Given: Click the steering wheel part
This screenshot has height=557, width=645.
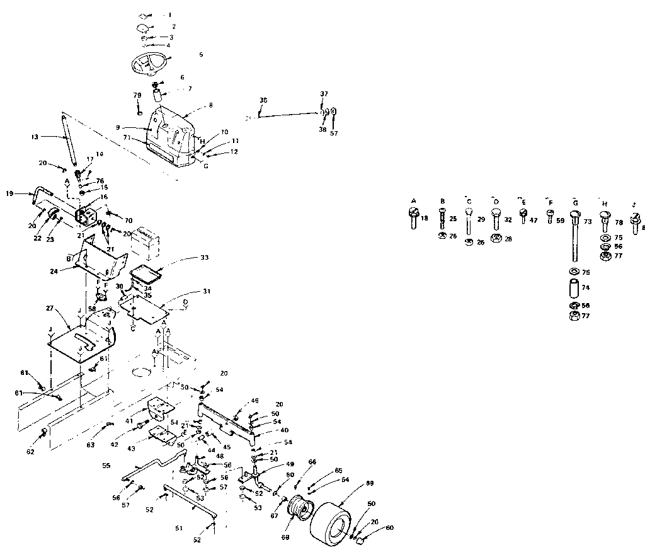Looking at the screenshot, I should [149, 63].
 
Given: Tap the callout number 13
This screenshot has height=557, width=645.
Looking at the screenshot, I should [35, 136].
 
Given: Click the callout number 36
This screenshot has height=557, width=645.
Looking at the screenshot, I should [263, 100].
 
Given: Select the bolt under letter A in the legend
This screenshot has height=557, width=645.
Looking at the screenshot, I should [414, 219].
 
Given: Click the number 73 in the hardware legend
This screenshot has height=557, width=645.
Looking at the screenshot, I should [587, 222].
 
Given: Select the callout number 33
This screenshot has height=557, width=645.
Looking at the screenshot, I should [205, 257].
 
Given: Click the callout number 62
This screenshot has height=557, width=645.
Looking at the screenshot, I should [31, 451].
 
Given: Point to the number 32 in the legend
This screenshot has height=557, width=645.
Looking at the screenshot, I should [508, 221].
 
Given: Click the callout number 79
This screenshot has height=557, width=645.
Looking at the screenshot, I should [137, 95].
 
